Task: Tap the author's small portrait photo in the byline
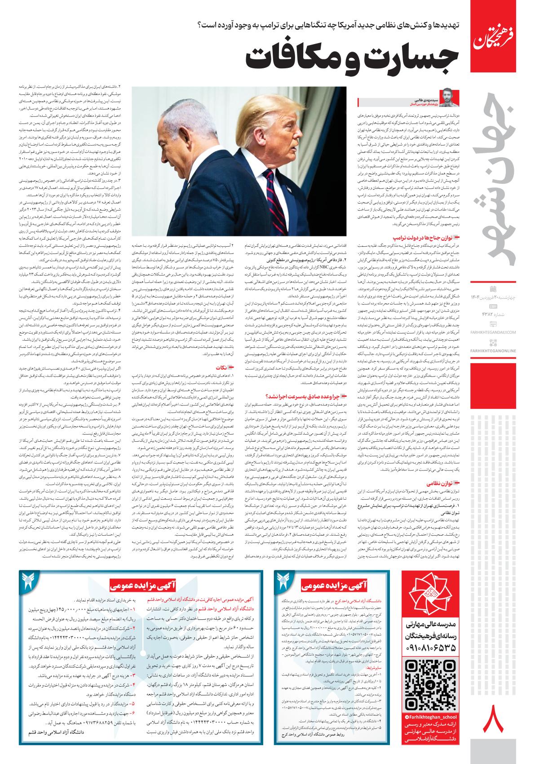[x=447, y=97]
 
